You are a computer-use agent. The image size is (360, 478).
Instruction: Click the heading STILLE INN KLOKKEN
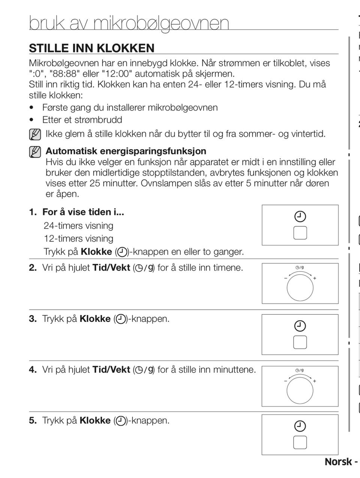(x=92, y=48)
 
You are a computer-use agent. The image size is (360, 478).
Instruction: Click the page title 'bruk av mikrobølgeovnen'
(x=129, y=23)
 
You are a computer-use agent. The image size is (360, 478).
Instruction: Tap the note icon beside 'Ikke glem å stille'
(x=35, y=134)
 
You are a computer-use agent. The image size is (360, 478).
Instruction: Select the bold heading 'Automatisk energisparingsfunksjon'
(x=126, y=151)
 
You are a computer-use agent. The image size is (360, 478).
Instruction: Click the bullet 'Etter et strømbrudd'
(x=82, y=120)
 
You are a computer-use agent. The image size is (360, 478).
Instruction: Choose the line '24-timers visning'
(x=78, y=226)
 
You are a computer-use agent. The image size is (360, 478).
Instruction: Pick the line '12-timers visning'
(x=78, y=239)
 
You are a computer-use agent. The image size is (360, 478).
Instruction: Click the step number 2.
(x=33, y=267)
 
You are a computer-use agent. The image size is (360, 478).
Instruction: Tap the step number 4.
(x=33, y=370)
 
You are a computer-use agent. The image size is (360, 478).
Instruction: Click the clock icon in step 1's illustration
(x=300, y=217)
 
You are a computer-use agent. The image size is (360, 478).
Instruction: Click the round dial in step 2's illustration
(x=300, y=288)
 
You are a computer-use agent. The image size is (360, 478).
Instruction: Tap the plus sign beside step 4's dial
(x=315, y=381)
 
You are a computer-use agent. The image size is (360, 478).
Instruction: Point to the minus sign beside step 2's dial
(x=286, y=278)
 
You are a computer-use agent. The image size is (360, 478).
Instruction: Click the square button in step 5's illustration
(x=300, y=442)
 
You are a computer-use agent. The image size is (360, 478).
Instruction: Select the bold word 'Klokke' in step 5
(x=95, y=421)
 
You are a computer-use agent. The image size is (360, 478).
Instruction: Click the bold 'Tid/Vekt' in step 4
(x=111, y=370)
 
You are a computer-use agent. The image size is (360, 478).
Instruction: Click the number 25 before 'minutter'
(x=95, y=183)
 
